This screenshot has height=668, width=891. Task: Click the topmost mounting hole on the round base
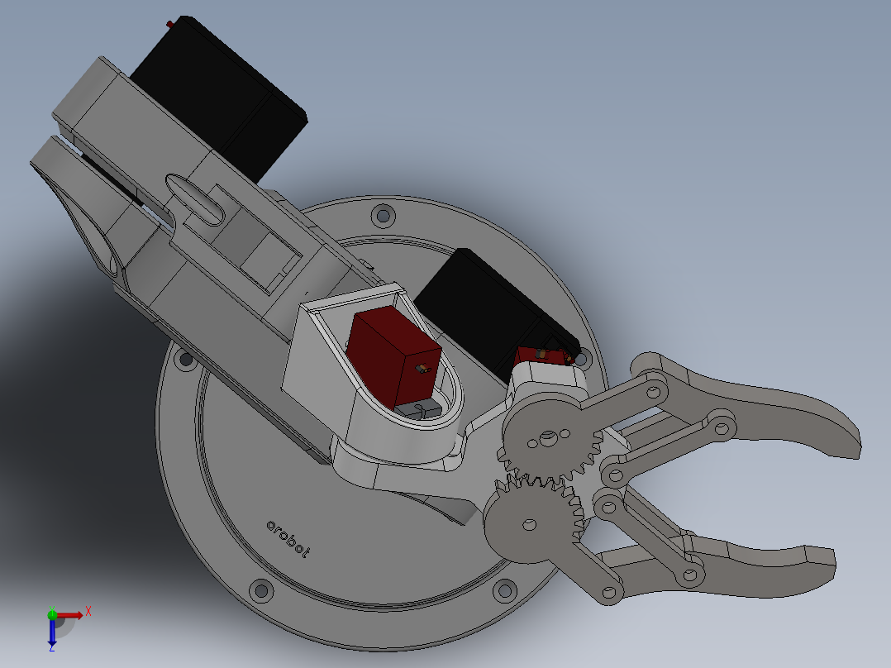coord(382,216)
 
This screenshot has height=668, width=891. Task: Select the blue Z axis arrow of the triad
coord(52,632)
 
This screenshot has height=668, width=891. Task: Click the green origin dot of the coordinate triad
coord(52,614)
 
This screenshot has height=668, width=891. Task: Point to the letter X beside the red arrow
coord(88,611)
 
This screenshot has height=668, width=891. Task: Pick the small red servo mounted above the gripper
coord(541,356)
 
